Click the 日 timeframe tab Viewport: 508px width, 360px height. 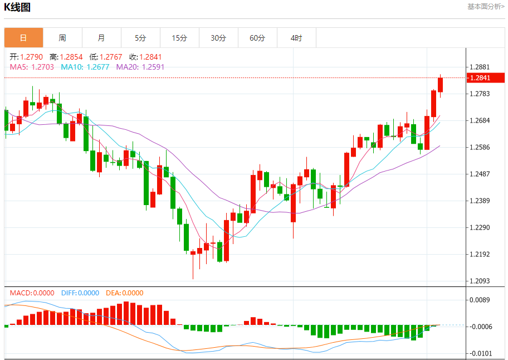23,38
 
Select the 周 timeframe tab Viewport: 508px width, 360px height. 62,38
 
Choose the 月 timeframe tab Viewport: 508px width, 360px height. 101,38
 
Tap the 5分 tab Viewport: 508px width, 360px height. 140,38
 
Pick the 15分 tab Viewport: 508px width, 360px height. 179,38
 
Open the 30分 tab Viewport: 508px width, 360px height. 218,38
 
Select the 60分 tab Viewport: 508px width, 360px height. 257,38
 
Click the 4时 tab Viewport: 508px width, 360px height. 296,38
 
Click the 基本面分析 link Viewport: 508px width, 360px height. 485,7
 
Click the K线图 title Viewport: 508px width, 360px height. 17,7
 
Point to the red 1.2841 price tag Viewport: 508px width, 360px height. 482,78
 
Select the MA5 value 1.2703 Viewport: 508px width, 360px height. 42,67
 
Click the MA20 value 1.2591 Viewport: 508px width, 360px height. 153,67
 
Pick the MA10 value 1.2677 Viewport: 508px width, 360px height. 97,67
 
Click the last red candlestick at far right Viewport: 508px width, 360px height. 441,85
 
